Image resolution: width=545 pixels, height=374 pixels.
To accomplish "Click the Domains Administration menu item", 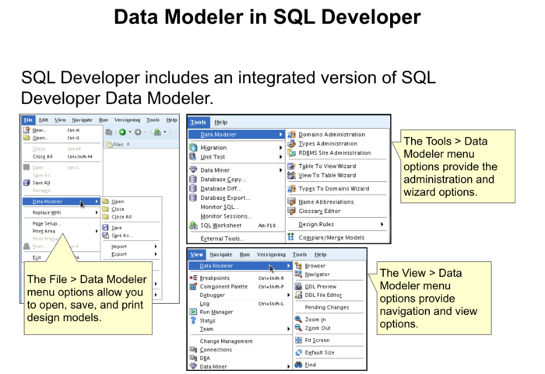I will tap(332, 135).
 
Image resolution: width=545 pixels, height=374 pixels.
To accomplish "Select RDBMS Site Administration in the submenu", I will tap(334, 153).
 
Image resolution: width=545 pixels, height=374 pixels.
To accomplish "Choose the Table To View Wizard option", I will tap(327, 166).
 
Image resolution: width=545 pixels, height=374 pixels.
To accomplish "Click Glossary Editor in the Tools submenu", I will tap(319, 211).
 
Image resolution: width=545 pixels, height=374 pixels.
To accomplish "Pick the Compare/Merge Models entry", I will tap(331, 238).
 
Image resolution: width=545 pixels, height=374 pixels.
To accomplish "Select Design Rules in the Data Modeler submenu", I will tap(316, 225).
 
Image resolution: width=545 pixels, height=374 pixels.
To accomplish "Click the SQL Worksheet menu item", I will tap(220, 225).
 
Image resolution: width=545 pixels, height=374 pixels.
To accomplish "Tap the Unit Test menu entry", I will tap(213, 157).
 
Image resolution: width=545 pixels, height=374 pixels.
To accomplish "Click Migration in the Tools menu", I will tap(213, 148).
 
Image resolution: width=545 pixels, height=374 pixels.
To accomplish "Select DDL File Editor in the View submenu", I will tap(323, 295).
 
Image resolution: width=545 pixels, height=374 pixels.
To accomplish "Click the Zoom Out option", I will tap(317, 328).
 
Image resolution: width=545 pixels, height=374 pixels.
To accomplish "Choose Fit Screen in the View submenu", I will tap(317, 341).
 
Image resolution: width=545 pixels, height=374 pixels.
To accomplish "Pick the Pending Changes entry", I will tap(326, 307).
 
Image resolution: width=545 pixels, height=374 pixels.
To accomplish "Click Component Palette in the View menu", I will tap(223, 287).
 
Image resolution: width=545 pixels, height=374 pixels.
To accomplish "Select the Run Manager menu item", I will tap(216, 312).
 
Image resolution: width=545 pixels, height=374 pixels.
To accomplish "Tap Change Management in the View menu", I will tap(226, 341).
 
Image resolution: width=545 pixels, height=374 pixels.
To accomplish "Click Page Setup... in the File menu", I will tap(46, 224).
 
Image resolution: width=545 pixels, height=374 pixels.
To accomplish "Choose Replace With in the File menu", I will tap(47, 212).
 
